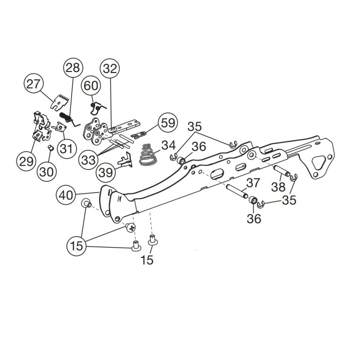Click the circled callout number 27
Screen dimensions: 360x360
pos(33,84)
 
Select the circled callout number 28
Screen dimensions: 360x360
pos(73,68)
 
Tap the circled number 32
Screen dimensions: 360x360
pos(110,68)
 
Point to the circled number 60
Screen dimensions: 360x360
pos(91,85)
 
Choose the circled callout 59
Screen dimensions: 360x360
pos(168,122)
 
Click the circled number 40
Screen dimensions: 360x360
pos(66,195)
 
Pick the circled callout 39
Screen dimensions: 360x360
pos(106,172)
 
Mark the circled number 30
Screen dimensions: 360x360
pos(47,171)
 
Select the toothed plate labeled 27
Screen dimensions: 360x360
pos(59,102)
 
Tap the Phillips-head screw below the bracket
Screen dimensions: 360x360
pos(130,227)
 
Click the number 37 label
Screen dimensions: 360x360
pos(253,183)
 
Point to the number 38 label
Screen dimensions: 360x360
pos(278,187)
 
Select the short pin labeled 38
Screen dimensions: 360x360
pos(282,171)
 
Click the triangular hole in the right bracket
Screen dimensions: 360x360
pos(319,163)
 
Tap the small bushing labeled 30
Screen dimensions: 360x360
pos(50,148)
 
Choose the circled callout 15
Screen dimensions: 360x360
pos(76,246)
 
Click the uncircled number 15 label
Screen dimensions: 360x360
pos(147,260)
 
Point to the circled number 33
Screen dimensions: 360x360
pos(88,160)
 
